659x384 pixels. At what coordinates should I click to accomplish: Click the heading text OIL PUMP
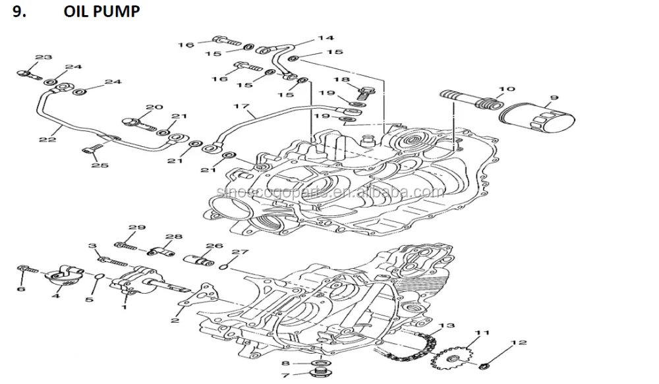click(101, 12)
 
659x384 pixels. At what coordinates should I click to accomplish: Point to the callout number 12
click(519, 343)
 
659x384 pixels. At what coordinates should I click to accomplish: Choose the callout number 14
click(326, 38)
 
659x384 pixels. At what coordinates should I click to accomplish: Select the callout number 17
click(241, 105)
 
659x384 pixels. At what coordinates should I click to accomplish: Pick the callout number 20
click(154, 107)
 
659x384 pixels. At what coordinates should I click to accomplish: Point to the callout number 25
click(100, 165)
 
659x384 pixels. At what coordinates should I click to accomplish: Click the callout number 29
click(136, 228)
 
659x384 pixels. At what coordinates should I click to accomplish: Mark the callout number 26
click(210, 246)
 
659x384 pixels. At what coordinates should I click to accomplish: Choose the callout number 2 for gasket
click(175, 321)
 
